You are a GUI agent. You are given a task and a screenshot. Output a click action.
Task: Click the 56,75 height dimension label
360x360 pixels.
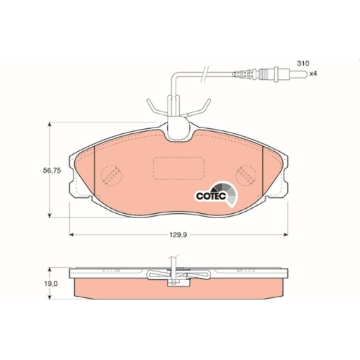[x=52, y=171]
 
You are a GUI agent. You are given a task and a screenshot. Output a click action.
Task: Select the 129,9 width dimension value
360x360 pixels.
[x=178, y=235]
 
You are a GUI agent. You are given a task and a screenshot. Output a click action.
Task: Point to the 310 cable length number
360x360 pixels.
[x=303, y=63]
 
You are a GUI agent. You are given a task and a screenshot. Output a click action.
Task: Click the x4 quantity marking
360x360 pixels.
[x=313, y=73]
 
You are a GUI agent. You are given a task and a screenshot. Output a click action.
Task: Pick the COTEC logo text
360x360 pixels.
[x=211, y=196]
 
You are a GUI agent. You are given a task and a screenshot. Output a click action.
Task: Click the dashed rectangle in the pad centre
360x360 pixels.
[x=179, y=168]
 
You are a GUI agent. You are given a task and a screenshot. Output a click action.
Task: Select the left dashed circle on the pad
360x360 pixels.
[x=112, y=176]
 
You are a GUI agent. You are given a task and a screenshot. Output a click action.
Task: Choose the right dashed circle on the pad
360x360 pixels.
[x=246, y=176]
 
